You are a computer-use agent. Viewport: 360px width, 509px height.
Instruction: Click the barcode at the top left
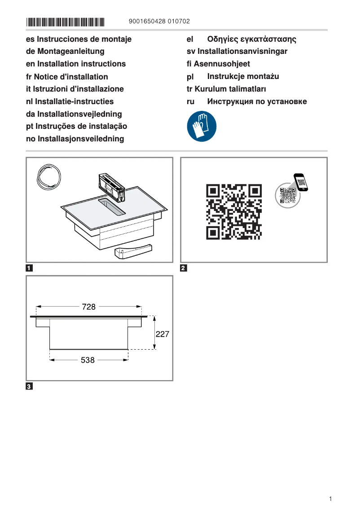pos(66,21)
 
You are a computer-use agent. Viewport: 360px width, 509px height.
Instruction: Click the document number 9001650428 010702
pos(159,21)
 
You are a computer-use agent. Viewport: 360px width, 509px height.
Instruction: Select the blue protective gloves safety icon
pos(202,127)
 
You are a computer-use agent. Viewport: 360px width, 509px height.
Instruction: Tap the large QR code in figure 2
pos(234,211)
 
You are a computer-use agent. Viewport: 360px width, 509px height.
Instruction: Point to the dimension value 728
pos(89,307)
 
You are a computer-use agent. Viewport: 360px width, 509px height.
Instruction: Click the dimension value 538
pos(88,360)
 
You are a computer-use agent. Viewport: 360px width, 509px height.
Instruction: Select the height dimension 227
pos(162,334)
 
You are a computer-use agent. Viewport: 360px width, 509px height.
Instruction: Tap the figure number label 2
pos(184,269)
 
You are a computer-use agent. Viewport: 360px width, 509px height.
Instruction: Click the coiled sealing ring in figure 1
pos(48,176)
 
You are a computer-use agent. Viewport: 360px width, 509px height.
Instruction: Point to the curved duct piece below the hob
pos(133,251)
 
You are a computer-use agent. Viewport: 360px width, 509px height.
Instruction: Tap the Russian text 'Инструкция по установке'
pos(257,101)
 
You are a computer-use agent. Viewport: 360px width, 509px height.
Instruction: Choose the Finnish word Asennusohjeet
pos(222,64)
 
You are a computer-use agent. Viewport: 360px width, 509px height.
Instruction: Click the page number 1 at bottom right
pos(330,499)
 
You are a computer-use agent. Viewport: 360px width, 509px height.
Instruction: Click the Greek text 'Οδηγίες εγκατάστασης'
pos(251,39)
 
